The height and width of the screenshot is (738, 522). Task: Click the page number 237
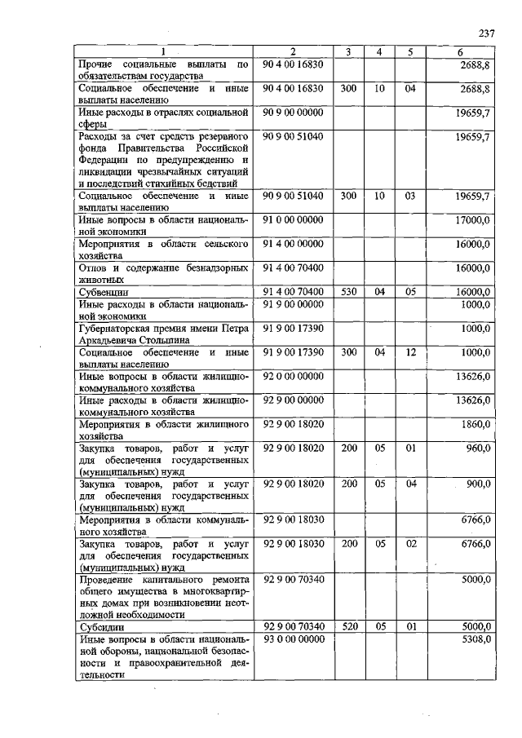point(487,33)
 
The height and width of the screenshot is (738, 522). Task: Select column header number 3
point(348,53)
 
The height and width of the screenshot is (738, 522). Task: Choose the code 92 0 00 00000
point(294,377)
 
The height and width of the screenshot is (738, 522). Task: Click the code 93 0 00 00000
point(294,640)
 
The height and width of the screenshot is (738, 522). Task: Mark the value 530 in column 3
point(348,291)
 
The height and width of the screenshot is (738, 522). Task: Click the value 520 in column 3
point(348,627)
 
